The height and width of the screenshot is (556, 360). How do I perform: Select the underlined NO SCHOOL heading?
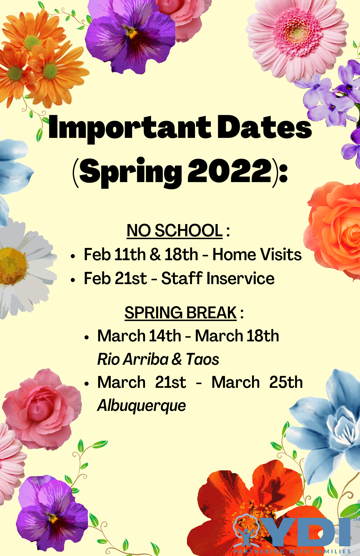pos(174,231)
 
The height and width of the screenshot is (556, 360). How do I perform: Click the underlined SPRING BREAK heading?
pos(181,313)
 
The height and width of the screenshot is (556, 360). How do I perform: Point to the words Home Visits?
pos(257,255)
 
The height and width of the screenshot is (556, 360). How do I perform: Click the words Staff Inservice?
pos(218,279)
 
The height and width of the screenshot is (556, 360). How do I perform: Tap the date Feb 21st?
pos(115,279)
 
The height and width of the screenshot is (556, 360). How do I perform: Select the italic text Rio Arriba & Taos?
pos(158,359)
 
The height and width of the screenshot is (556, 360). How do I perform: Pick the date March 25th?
pos(257,382)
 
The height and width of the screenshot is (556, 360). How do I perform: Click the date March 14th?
pos(139,336)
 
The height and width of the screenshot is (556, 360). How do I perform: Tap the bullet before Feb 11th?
pos(73,256)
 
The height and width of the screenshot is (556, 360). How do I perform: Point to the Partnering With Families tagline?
pos(292,551)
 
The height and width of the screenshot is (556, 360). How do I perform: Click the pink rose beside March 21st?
pos(42,409)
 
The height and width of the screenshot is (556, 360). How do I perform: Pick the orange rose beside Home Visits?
pos(334,231)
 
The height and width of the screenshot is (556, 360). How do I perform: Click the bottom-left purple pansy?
pos(51,514)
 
